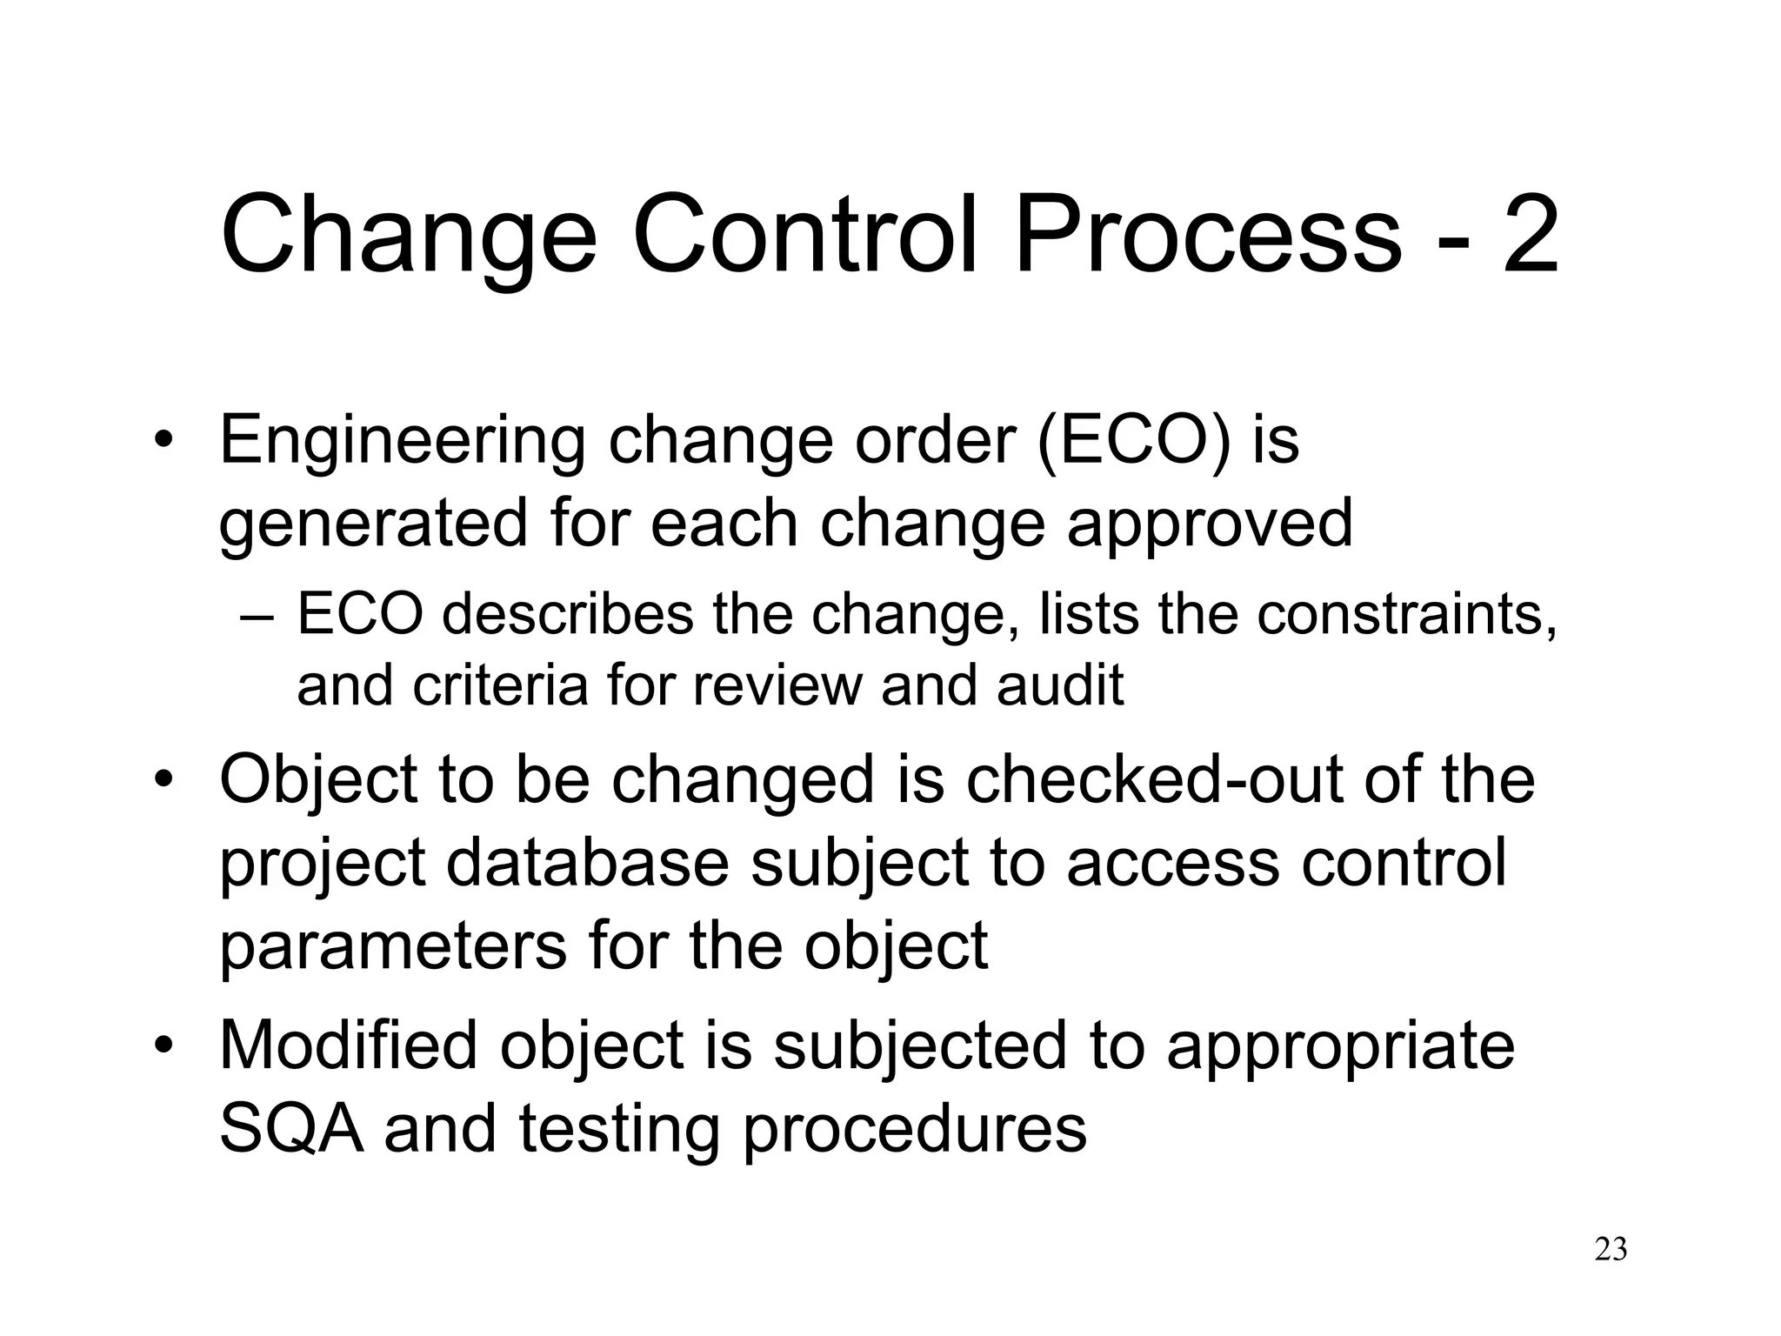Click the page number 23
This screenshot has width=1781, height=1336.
(1611, 1250)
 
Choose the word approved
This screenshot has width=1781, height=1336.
(1210, 525)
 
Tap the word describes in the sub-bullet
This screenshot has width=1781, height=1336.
(568, 614)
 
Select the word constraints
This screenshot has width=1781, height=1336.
(1406, 614)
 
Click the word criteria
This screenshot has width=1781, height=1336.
(500, 685)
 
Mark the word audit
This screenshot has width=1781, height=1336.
(1060, 685)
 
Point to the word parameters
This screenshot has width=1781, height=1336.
(392, 946)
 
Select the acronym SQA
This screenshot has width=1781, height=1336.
(291, 1128)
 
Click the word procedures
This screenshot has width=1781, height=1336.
(914, 1130)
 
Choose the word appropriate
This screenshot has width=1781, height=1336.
(1340, 1046)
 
